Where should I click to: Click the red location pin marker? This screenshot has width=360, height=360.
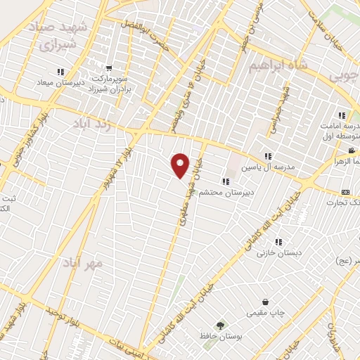click(181, 165)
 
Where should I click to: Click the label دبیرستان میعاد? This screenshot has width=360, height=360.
click(61, 82)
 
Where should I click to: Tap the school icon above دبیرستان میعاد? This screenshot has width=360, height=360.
click(61, 72)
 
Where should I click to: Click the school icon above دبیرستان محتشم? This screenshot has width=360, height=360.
click(226, 181)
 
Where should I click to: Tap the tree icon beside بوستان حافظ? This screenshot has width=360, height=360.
click(221, 326)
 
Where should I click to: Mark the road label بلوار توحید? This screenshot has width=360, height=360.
click(59, 316)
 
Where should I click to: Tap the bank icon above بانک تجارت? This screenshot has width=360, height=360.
click(345, 192)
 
